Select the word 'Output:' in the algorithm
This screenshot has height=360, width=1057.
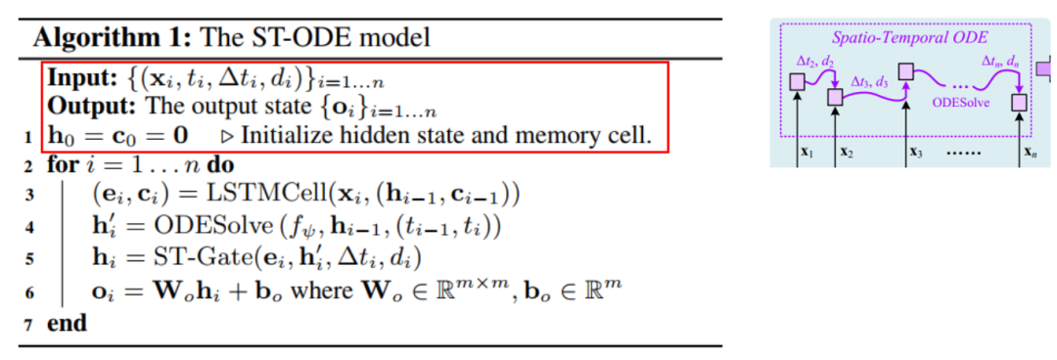point(90,107)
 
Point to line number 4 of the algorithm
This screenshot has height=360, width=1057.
point(32,233)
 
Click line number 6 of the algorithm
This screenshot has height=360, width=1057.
point(32,294)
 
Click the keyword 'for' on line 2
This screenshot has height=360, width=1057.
point(63,165)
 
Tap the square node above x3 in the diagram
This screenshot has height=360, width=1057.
point(906,72)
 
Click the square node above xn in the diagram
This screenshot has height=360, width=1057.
point(1021,102)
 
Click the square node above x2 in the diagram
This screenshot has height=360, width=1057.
point(835,98)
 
